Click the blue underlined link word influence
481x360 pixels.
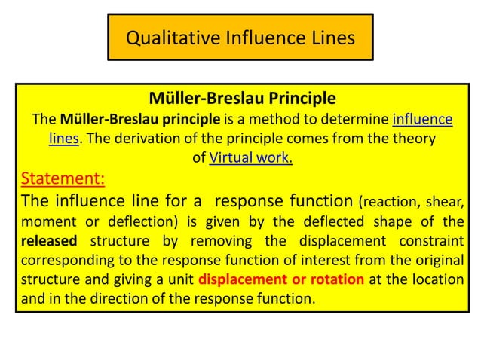point(423,119)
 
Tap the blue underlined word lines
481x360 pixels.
point(64,139)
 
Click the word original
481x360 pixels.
point(434,261)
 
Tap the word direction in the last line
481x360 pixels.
point(157,298)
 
